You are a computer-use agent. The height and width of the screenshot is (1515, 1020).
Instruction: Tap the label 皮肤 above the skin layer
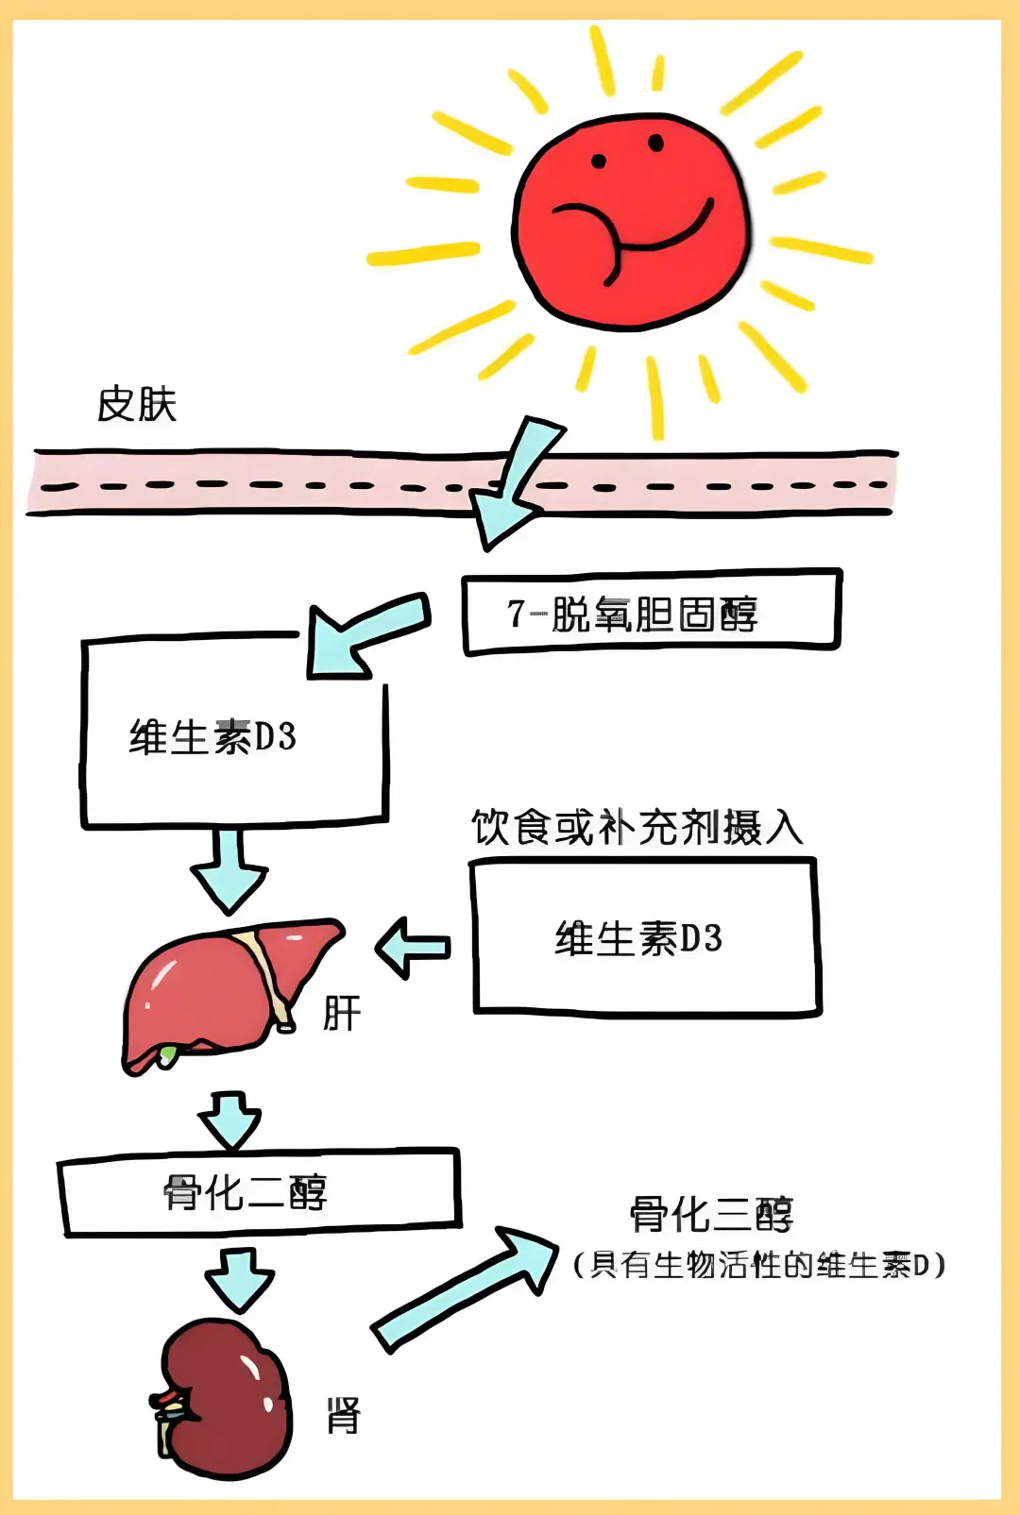tap(137, 404)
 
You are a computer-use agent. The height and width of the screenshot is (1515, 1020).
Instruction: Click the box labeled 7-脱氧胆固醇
tap(651, 613)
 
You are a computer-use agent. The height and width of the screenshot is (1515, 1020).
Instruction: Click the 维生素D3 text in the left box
tap(212, 737)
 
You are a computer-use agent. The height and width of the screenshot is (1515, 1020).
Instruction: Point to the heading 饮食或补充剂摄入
tap(637, 828)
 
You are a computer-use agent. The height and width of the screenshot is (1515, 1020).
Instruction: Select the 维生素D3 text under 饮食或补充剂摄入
tap(638, 938)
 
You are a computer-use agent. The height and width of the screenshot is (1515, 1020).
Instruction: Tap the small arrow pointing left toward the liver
tap(413, 948)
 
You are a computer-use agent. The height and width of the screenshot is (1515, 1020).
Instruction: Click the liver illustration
tap(227, 991)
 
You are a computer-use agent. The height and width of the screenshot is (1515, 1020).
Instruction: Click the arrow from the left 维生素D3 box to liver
tap(229, 868)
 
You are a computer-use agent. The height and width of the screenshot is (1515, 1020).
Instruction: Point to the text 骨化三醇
tap(712, 1215)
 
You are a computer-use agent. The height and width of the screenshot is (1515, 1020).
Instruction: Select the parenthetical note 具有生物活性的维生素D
tap(759, 1265)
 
